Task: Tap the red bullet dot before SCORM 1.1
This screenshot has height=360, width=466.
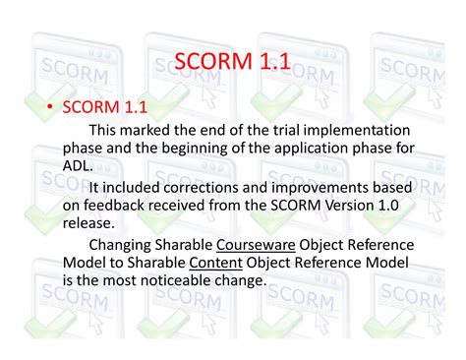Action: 48,106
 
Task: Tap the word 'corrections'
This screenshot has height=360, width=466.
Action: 215,187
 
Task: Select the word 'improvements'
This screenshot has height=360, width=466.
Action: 337,187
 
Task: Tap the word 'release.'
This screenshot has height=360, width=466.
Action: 90,223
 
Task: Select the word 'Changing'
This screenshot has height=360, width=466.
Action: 129,245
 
